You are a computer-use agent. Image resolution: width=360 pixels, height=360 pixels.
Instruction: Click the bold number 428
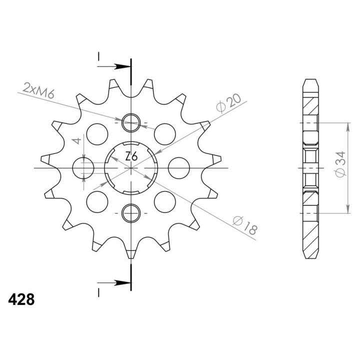[21, 299]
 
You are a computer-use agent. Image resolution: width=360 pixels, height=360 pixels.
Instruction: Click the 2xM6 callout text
[38, 90]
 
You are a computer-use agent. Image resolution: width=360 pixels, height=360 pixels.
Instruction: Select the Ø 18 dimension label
[244, 225]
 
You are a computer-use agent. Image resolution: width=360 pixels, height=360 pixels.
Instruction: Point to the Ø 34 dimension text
[340, 164]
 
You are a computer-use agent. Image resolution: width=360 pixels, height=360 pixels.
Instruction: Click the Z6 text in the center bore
[131, 156]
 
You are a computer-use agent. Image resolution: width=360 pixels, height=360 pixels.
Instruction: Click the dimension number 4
[77, 140]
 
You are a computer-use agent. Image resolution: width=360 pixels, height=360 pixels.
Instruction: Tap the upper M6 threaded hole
[131, 123]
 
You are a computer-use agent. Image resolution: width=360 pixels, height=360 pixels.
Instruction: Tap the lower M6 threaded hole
[131, 213]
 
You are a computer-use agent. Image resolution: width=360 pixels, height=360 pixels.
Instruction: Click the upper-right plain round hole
[165, 134]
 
